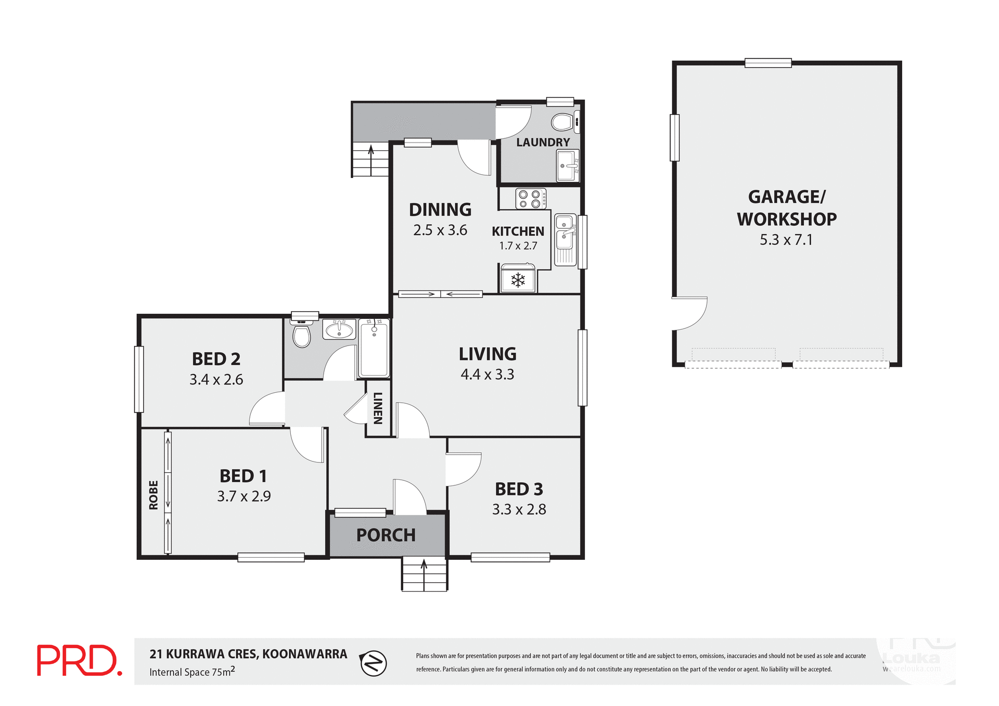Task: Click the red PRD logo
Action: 79,660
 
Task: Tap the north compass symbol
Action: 373,663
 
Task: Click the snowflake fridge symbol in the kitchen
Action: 518,280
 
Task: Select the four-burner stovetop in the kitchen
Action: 530,199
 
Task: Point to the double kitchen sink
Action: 565,239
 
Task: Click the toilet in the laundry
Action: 563,123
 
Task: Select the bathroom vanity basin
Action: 339,329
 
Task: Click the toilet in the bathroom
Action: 302,335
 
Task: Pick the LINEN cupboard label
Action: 378,408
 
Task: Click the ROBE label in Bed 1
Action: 153,495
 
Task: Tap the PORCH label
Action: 386,535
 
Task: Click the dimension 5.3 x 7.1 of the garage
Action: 786,240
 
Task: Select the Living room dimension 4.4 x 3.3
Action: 487,375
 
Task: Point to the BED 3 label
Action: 519,489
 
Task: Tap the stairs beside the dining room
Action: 370,160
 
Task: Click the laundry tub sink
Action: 567,166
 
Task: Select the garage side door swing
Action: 689,313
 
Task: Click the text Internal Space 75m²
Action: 192,672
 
